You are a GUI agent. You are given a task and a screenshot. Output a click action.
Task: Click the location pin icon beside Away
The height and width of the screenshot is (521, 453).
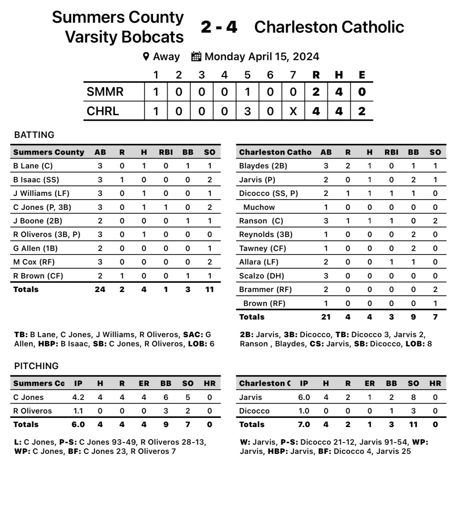click(x=146, y=57)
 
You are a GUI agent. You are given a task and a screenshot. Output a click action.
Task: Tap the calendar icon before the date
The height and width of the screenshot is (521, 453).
click(x=196, y=57)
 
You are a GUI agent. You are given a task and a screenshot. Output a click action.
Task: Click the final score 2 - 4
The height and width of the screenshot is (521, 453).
click(x=219, y=27)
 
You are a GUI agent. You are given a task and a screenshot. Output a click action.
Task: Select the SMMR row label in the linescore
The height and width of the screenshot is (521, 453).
click(x=105, y=92)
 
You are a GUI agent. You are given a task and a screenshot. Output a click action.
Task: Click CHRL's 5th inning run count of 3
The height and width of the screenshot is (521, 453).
click(x=247, y=111)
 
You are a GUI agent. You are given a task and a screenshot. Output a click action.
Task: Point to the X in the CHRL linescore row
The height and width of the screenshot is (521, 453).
click(x=293, y=111)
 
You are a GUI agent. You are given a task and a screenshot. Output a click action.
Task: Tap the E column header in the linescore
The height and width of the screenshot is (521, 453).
click(x=362, y=75)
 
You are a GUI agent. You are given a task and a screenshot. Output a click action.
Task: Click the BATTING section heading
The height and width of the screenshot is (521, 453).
click(x=34, y=135)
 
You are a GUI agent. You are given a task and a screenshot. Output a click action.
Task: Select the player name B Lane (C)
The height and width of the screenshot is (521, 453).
click(x=33, y=166)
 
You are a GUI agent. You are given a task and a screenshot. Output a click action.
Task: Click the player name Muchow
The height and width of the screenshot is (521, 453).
click(x=259, y=207)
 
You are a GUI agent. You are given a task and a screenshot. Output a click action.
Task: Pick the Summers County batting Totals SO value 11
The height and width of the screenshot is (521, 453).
click(x=209, y=289)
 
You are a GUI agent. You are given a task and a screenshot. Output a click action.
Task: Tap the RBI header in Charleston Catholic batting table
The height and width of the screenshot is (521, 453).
click(x=391, y=152)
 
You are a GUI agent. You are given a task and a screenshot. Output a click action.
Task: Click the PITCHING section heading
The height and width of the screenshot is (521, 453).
click(x=36, y=366)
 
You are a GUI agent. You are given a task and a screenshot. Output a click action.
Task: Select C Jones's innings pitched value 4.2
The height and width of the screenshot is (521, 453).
click(x=78, y=397)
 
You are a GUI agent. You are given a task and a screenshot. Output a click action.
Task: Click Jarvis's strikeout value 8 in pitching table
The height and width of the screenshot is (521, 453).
click(x=413, y=397)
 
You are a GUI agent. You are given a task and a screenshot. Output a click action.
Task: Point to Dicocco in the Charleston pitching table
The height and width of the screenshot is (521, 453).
click(x=254, y=411)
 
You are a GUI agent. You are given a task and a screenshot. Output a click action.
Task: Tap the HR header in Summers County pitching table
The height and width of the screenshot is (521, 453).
click(x=209, y=383)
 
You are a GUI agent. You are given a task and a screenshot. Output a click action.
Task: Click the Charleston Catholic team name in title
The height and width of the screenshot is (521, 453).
click(x=329, y=27)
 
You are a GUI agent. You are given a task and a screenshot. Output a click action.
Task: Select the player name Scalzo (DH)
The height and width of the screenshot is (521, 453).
click(x=261, y=276)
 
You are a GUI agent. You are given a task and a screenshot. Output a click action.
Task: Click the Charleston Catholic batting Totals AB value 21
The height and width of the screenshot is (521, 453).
click(x=325, y=317)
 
